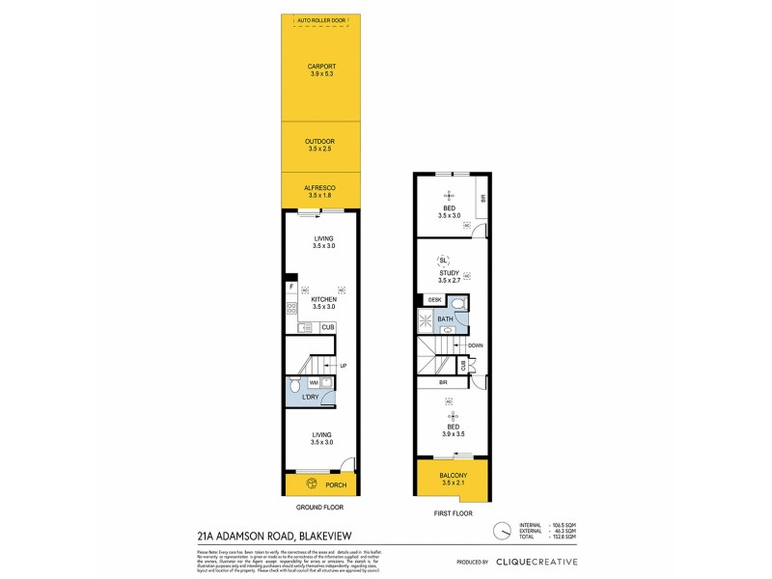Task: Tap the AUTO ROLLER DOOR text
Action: [322, 18]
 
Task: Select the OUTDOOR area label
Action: [322, 141]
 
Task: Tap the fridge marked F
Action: [290, 287]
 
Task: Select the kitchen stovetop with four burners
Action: [290, 309]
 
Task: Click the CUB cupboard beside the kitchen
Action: [328, 328]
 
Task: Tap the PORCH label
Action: [336, 485]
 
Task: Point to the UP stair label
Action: [343, 365]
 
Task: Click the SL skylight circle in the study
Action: [443, 261]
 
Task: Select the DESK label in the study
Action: [434, 301]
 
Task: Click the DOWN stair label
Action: [475, 345]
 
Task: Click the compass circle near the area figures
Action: [501, 530]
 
